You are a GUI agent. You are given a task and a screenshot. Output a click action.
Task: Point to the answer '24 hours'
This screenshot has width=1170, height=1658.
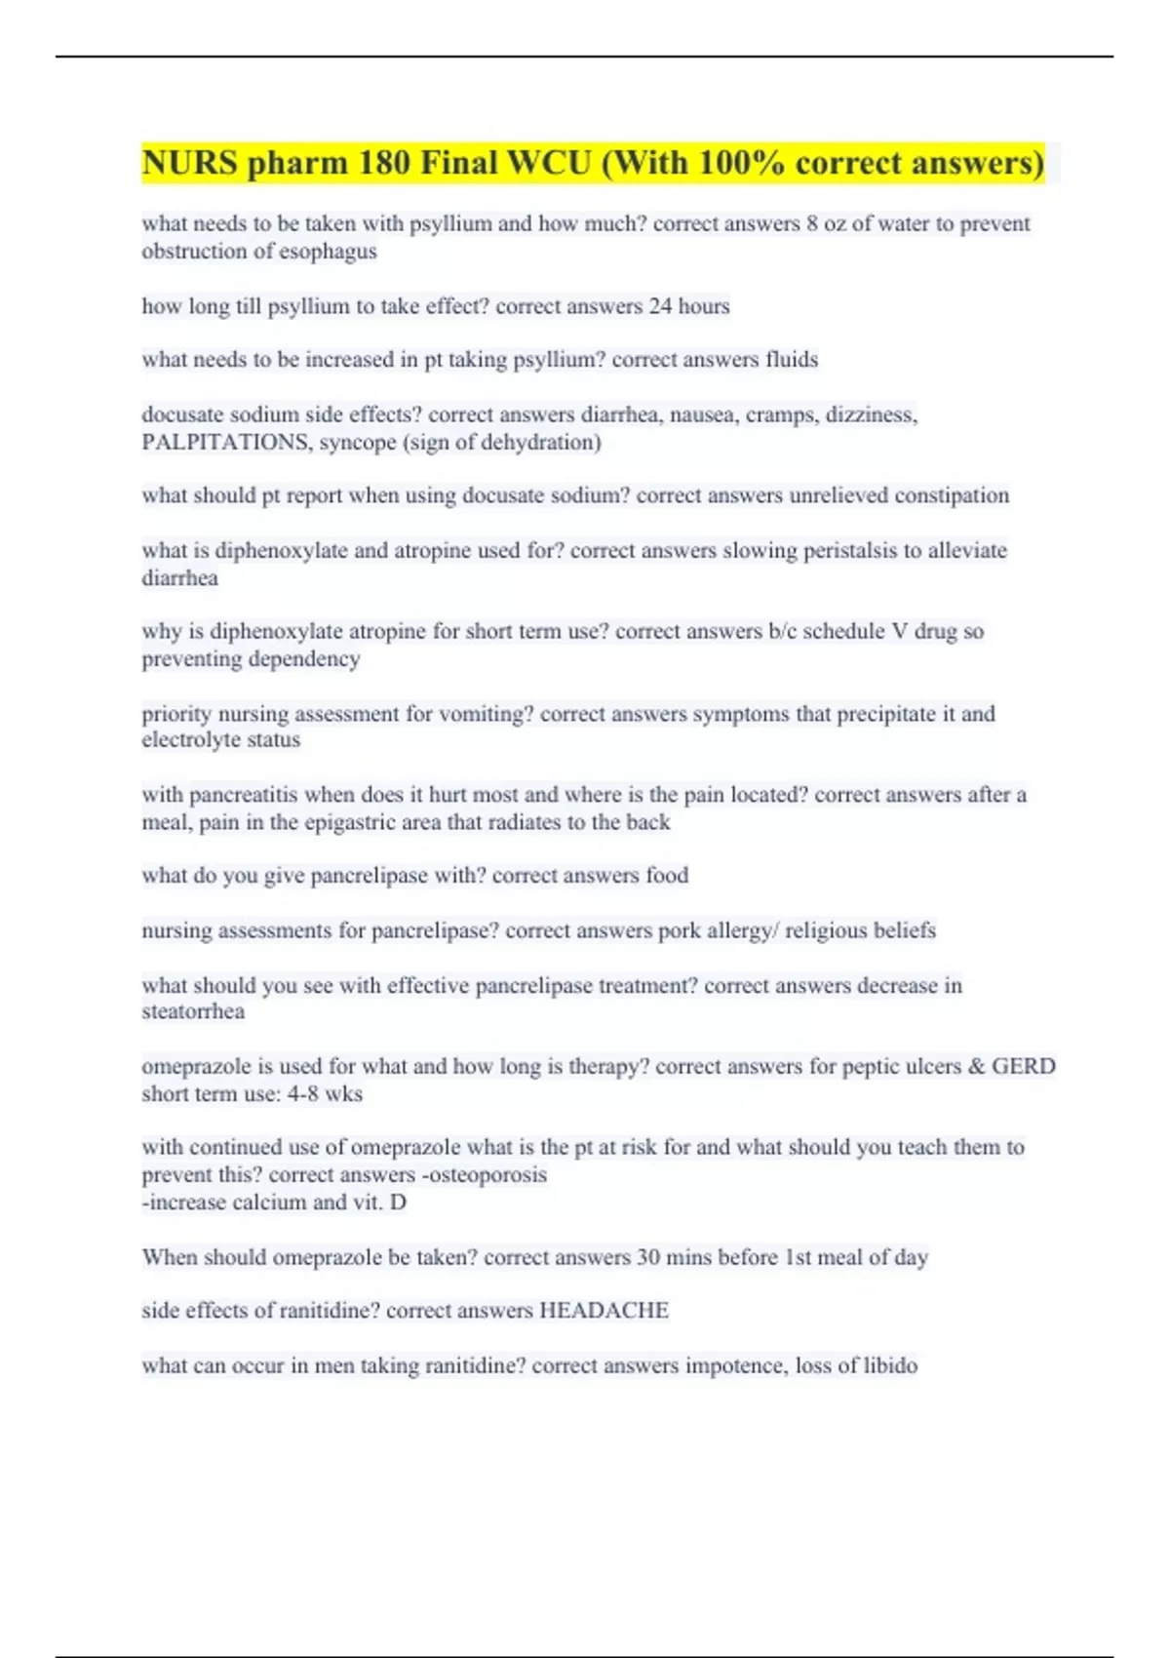tap(689, 306)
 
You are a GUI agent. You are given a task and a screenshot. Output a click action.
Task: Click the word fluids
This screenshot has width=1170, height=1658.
tap(792, 360)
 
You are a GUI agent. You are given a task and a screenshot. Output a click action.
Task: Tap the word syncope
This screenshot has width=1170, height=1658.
tap(358, 443)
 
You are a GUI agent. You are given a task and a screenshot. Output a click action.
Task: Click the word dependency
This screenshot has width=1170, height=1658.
tap(306, 659)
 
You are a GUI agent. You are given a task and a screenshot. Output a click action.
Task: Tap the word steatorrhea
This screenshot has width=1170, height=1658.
tap(193, 1011)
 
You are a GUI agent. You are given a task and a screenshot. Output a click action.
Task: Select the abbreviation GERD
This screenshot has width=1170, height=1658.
tap(1023, 1066)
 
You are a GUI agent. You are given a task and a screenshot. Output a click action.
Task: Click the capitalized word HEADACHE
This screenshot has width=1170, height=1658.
tap(604, 1311)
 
